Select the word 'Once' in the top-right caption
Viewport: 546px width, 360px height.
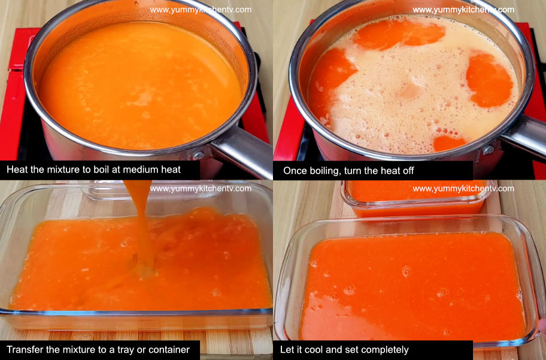tap(295, 171)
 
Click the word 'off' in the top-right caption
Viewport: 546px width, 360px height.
tap(407, 171)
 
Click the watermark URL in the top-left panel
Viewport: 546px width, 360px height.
tap(201, 10)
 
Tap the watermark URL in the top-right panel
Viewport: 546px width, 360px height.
tap(463, 10)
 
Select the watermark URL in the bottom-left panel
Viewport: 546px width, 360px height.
tap(201, 188)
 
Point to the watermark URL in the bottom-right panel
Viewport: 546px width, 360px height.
tap(463, 188)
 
